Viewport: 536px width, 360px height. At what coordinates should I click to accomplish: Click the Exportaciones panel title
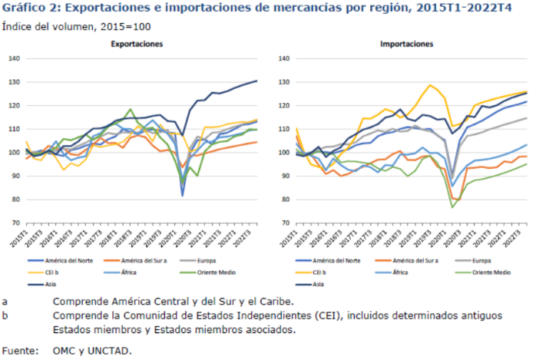[x=136, y=45]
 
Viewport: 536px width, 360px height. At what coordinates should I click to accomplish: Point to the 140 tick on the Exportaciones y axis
[x=14, y=58]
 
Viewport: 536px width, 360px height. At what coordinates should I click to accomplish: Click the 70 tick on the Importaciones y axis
[x=281, y=223]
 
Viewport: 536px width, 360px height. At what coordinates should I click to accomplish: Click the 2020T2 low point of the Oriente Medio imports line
[x=453, y=207]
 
